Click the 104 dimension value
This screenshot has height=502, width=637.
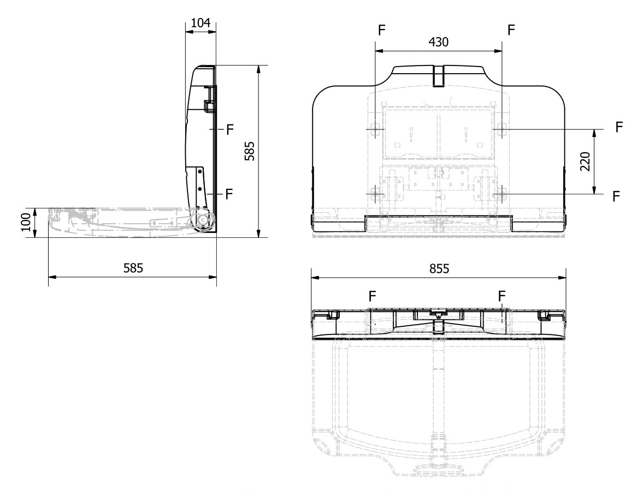200,23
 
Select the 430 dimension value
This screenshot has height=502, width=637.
439,42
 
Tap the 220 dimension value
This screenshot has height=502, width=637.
585,162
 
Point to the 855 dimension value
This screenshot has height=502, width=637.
439,268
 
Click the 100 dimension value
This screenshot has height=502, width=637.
26,223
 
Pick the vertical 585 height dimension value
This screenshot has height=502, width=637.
250,151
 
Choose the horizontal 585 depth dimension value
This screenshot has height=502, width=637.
133,268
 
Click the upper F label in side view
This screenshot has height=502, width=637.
230,130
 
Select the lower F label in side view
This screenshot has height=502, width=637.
229,194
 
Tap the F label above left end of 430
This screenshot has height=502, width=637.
381,30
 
